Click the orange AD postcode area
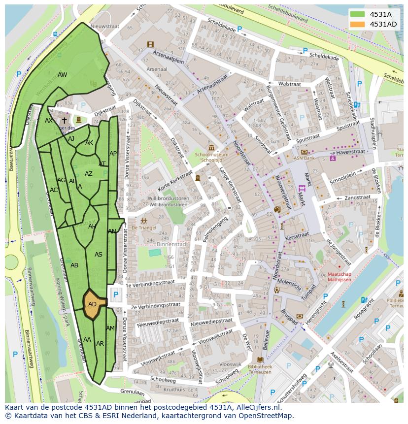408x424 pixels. pos(93,304)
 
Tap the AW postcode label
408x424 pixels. pos(62,75)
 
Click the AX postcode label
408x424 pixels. pos(49,121)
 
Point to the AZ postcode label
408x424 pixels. pos(89,174)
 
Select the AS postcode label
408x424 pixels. pos(99,255)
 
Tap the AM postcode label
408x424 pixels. pos(110,328)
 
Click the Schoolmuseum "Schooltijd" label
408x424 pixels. pos(211,157)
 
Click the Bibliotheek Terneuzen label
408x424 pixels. pos(260,370)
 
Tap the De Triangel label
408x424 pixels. pos(143,228)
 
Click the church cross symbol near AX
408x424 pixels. pos(65,120)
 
